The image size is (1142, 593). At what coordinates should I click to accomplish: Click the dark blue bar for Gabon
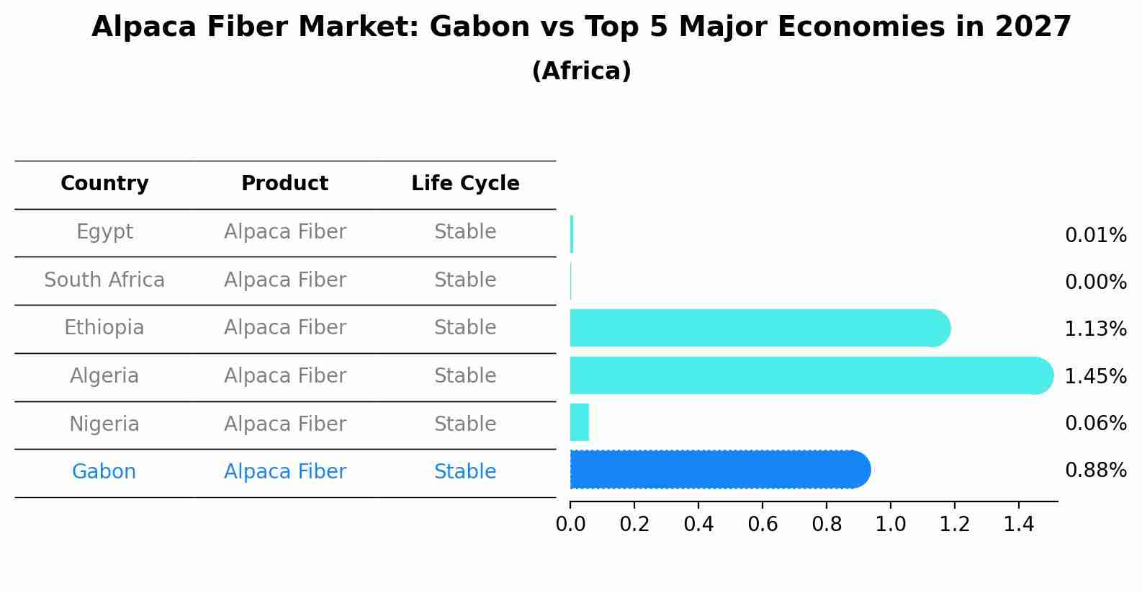pyautogui.click(x=720, y=470)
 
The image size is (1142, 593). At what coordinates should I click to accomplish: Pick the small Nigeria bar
pyautogui.click(x=580, y=422)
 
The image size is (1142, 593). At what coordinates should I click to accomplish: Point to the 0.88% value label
pyautogui.click(x=1095, y=471)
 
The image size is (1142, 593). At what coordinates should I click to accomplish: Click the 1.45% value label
pyautogui.click(x=1095, y=376)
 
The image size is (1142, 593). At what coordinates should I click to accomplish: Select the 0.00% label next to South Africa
pyautogui.click(x=1095, y=282)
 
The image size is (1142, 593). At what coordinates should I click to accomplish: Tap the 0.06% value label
pyautogui.click(x=1095, y=424)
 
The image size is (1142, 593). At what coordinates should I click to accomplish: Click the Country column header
pyautogui.click(x=104, y=184)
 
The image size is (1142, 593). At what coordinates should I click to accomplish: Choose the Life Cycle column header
pyautogui.click(x=465, y=184)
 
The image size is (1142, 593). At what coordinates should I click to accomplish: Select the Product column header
pyautogui.click(x=284, y=184)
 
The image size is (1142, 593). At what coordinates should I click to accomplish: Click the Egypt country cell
pyautogui.click(x=104, y=232)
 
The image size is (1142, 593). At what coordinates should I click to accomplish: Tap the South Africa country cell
pyautogui.click(x=104, y=280)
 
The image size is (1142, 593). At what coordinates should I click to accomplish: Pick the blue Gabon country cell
pyautogui.click(x=104, y=472)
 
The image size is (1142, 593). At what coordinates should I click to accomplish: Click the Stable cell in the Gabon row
pyautogui.click(x=465, y=472)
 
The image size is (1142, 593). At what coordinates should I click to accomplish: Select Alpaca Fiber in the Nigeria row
pyautogui.click(x=284, y=424)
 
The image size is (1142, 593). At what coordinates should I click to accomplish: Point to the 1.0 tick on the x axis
pyautogui.click(x=890, y=524)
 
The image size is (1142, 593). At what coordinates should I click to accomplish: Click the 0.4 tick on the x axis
pyautogui.click(x=698, y=524)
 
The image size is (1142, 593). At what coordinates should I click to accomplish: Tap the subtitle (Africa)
pyautogui.click(x=581, y=71)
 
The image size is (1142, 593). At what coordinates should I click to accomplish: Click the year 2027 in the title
pyautogui.click(x=1033, y=27)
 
